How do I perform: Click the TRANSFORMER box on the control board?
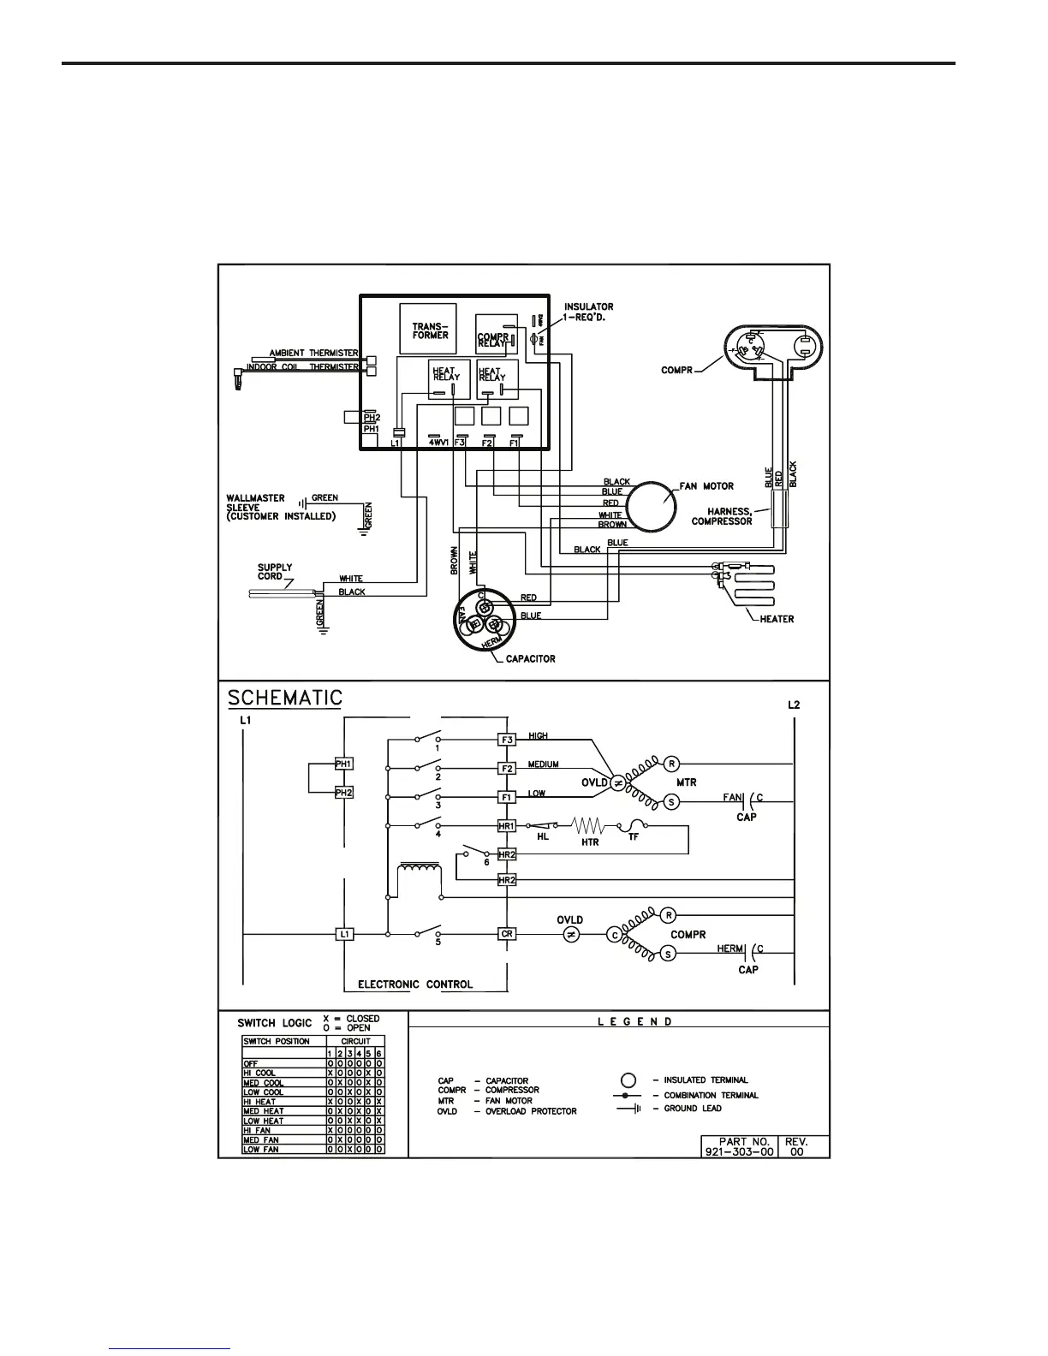point(428,330)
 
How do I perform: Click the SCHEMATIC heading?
point(285,698)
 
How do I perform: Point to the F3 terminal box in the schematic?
point(507,739)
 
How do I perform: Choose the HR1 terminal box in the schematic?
point(507,826)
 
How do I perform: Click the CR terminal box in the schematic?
point(507,934)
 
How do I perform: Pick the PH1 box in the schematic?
point(343,763)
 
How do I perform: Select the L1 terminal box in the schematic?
point(343,934)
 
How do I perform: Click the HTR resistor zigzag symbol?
point(589,826)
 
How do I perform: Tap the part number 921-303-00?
point(739,1151)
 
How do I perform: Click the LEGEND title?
point(634,1021)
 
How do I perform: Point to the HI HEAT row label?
point(260,1102)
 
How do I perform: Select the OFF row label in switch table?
point(251,1063)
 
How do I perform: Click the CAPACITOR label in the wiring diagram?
point(530,658)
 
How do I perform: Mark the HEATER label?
point(777,619)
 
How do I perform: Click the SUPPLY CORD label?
point(275,572)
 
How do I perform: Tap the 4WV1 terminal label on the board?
point(438,443)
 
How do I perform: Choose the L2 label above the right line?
point(794,705)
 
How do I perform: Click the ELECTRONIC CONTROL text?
point(415,984)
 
